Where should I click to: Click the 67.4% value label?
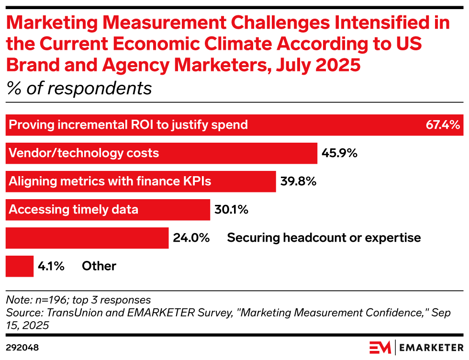pos(443,125)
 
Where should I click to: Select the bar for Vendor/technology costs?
pos(161,153)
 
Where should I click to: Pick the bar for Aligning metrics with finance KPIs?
pos(141,181)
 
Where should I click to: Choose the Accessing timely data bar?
pos(108,209)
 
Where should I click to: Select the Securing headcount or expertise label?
pos(324,237)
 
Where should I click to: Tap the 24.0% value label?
pos(191,237)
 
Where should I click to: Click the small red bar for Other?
pos(20,266)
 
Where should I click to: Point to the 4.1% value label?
pos(51,266)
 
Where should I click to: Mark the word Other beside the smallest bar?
pos(99,266)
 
